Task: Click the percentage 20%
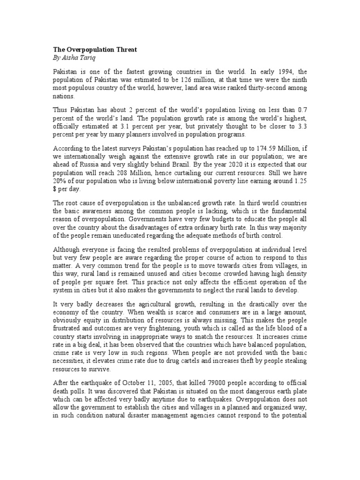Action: (x=60, y=181)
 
